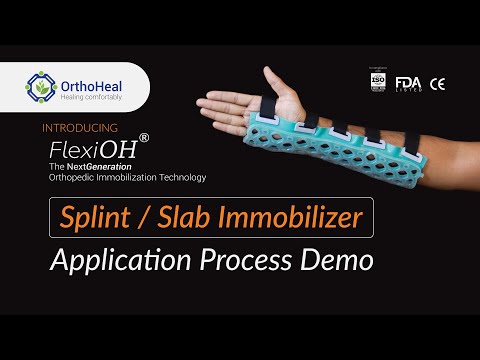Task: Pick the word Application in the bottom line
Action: [121, 261]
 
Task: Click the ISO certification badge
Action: [377, 81]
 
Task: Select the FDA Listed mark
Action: [408, 83]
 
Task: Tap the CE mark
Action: [437, 83]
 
